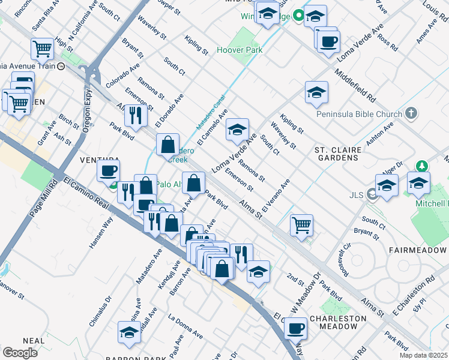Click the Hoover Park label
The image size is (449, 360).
click(x=240, y=50)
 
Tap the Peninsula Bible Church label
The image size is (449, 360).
click(x=360, y=113)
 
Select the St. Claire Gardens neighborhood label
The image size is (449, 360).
click(x=337, y=154)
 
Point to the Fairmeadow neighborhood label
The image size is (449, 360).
click(x=418, y=250)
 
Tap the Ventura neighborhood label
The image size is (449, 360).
click(x=93, y=160)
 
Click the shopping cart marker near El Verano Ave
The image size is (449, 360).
click(x=301, y=226)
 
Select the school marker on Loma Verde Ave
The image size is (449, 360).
click(x=237, y=129)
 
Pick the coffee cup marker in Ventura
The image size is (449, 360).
click(x=108, y=170)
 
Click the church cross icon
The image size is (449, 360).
click(x=411, y=113)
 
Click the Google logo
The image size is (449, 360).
click(x=20, y=353)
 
